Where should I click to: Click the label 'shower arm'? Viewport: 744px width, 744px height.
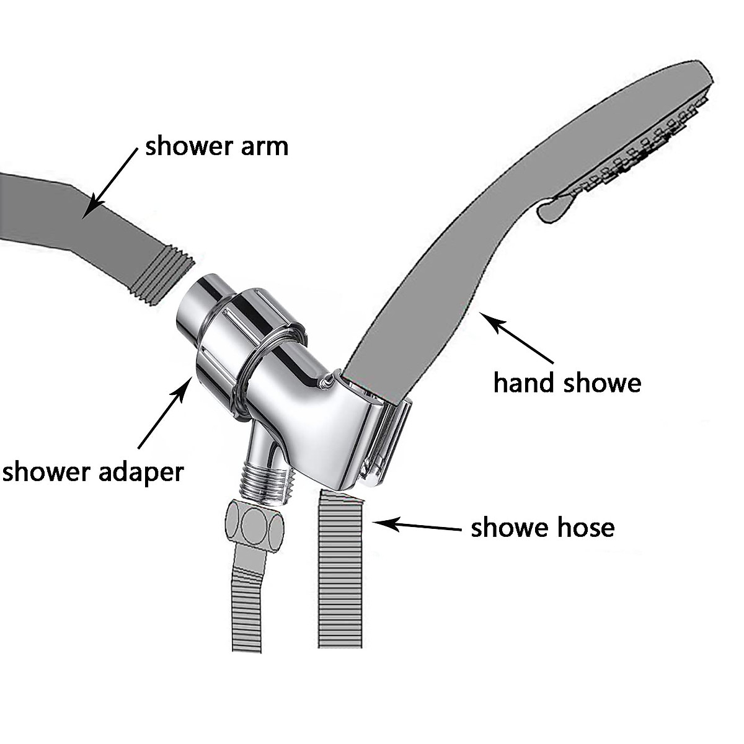[216, 147]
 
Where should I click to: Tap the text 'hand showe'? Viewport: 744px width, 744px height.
[567, 383]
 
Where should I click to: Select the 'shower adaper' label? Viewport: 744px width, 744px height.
[93, 472]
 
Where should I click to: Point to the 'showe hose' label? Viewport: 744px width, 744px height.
[542, 528]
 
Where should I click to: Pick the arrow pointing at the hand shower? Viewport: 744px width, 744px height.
[517, 339]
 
